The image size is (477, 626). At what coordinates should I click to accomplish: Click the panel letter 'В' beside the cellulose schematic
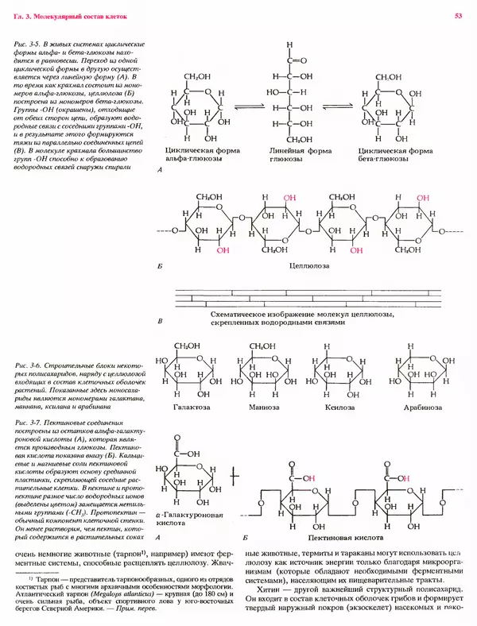click(161, 321)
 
